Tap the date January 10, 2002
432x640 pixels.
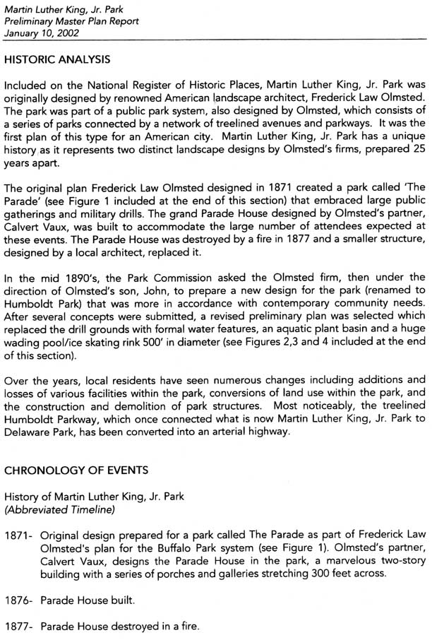click(42, 32)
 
